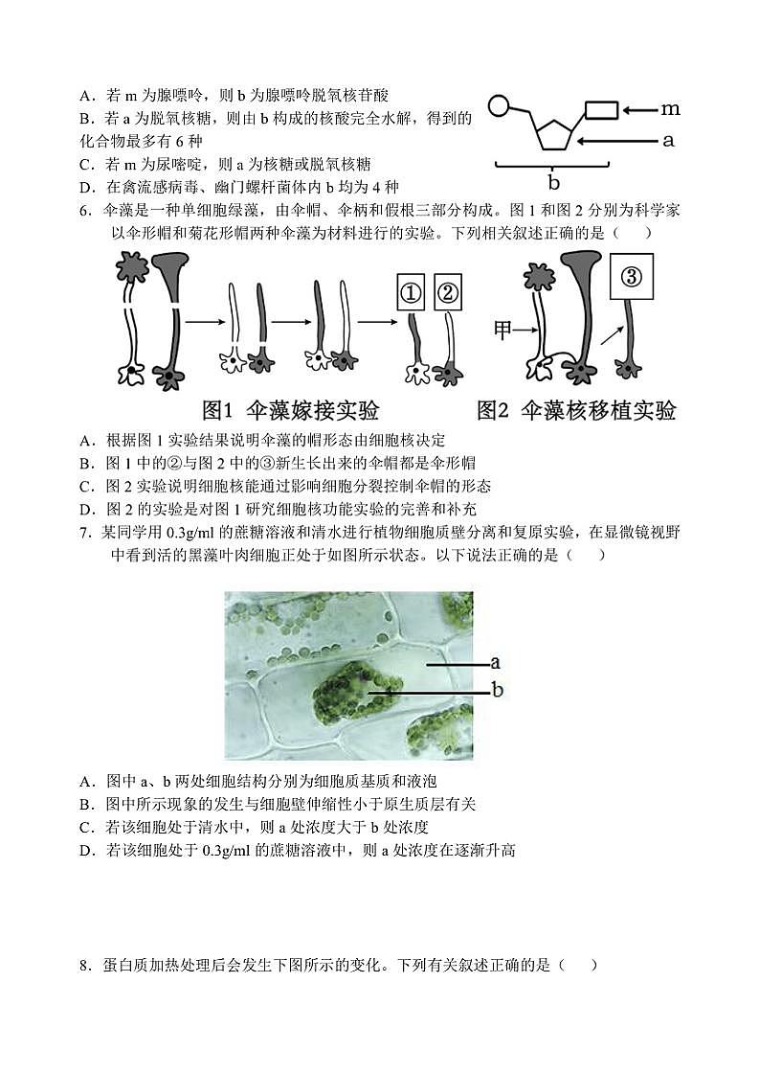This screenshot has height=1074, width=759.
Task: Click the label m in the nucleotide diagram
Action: click(x=670, y=110)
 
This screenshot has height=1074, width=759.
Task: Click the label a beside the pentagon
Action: click(x=668, y=140)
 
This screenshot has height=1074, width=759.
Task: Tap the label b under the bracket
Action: click(x=553, y=182)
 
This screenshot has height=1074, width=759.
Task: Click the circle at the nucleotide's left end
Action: click(x=499, y=104)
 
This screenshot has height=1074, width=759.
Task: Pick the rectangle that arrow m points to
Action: click(x=601, y=110)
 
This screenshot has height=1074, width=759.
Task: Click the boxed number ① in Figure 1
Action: click(x=412, y=293)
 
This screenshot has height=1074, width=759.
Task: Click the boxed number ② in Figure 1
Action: click(x=448, y=293)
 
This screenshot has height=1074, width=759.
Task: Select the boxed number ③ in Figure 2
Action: click(x=631, y=277)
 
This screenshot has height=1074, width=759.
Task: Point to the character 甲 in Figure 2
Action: click(x=503, y=331)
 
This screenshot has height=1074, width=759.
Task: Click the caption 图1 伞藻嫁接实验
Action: click(x=291, y=411)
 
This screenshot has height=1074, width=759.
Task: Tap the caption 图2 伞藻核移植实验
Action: click(x=576, y=411)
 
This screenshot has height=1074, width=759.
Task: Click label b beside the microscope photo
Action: click(x=497, y=689)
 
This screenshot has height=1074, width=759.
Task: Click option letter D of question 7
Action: click(x=85, y=850)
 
